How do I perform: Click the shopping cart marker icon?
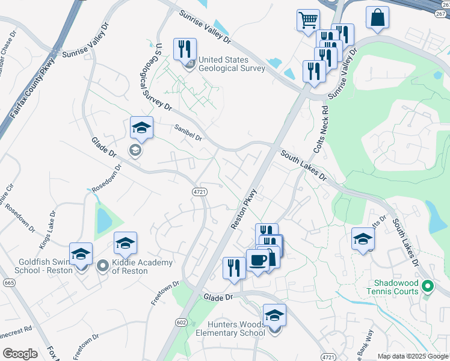click(308, 20)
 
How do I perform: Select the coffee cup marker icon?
click(258, 261)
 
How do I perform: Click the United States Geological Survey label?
click(232, 64)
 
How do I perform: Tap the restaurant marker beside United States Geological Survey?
click(185, 49)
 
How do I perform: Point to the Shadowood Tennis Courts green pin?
click(428, 285)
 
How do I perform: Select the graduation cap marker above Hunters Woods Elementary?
click(274, 315)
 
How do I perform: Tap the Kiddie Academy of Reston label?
click(142, 267)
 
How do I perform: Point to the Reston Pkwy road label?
click(243, 209)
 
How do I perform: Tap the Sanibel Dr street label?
click(188, 132)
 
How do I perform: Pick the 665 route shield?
click(8, 282)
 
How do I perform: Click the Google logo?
click(20, 354)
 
